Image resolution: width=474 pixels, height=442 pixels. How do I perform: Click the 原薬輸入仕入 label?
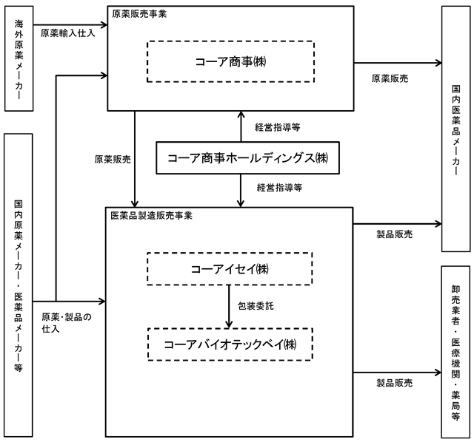click(68, 33)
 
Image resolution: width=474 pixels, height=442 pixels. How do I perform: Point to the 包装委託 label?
click(256, 306)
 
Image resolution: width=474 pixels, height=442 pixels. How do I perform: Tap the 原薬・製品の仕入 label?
click(67, 322)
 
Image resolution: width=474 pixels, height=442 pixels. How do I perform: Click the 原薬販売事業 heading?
click(139, 14)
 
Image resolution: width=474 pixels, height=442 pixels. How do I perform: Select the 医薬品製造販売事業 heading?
click(151, 215)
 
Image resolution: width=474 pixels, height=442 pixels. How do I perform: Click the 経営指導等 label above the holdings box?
click(278, 127)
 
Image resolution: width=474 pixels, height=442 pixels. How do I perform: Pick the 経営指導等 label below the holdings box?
click(280, 187)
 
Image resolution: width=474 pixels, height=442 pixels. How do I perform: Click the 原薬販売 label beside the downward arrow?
click(113, 159)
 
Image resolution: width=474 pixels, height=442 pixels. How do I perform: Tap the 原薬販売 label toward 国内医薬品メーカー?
click(390, 78)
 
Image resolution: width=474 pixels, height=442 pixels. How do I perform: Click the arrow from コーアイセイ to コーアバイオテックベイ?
click(229, 307)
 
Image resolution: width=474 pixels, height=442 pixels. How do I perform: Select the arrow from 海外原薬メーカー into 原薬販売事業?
click(70, 24)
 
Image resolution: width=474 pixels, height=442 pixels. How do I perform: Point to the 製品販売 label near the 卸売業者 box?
click(395, 383)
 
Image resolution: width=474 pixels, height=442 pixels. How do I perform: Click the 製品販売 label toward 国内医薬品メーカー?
click(395, 234)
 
